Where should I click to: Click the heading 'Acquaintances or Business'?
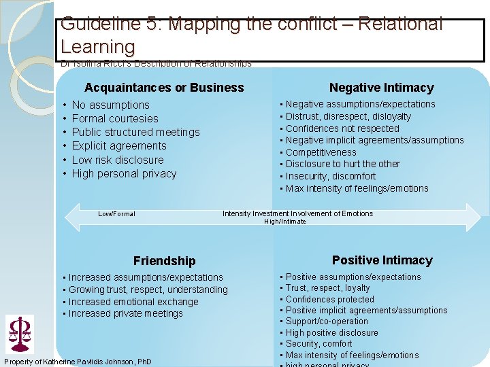pos(164,88)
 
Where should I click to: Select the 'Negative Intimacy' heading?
pos(381,88)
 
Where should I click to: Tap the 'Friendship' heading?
pos(164,261)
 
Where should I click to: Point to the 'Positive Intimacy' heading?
pos(382,260)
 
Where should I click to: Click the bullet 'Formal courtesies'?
pos(115,118)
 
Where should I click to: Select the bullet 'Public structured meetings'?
pos(135,132)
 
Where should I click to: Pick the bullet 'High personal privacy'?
pos(124,173)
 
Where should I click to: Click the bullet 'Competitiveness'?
pos(321,152)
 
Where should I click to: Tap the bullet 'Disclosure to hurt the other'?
pos(342,164)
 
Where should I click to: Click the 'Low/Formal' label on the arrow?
pos(116,214)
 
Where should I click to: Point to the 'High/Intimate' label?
pos(284,222)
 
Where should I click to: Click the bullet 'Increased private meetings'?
pos(125,313)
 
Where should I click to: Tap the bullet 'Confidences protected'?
pos(329,299)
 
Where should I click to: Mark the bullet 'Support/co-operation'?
pos(327,321)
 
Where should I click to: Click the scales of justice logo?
pos(19,333)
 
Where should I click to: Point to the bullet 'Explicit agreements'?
pos(118,145)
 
